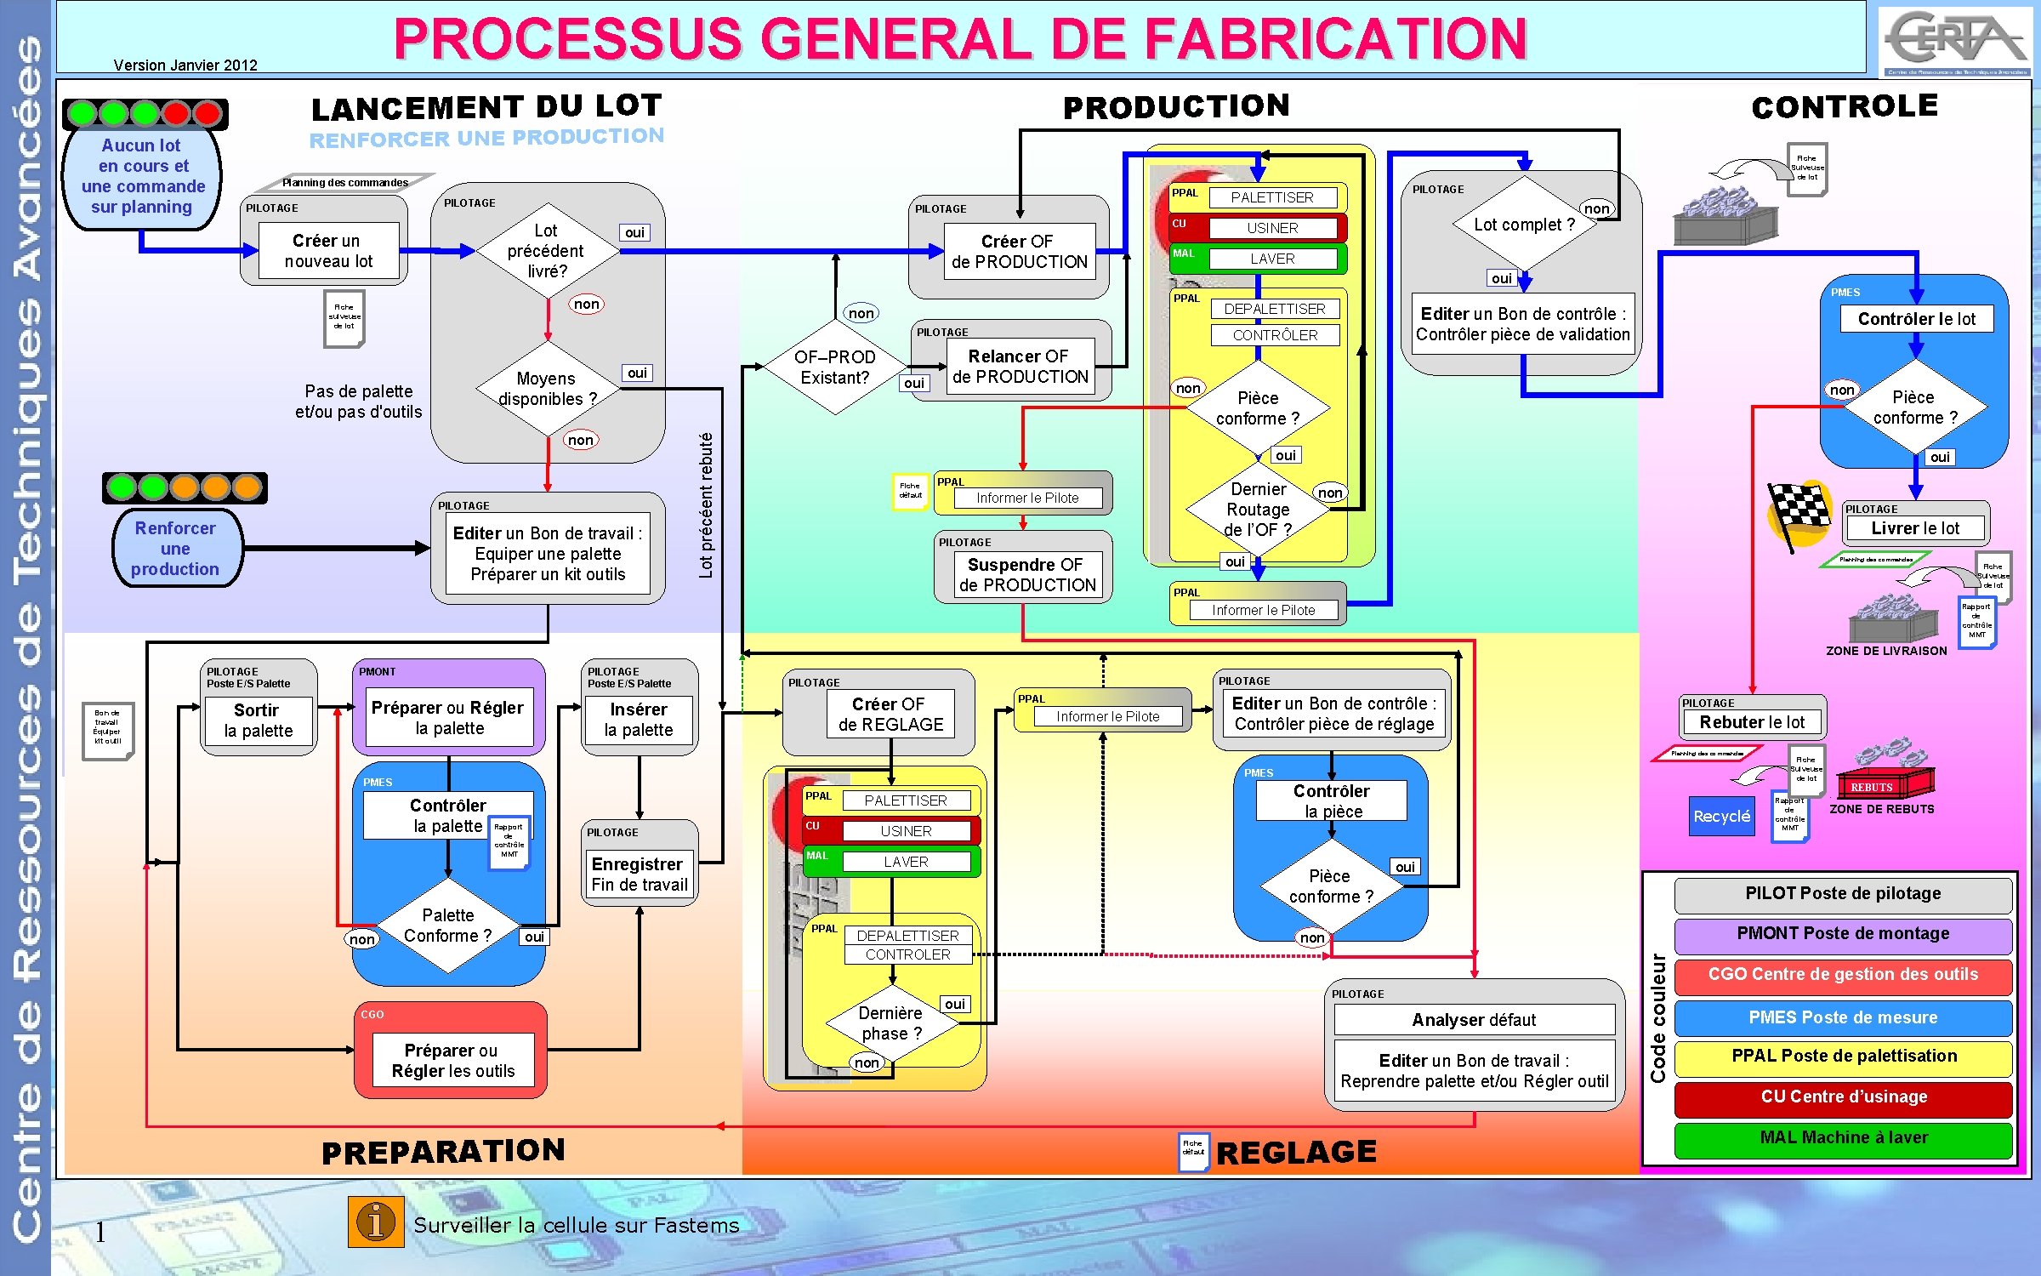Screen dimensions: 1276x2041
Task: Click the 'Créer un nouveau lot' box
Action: pos(327,251)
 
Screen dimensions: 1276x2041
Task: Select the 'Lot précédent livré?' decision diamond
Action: pos(547,251)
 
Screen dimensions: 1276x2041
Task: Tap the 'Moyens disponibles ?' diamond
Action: pos(547,389)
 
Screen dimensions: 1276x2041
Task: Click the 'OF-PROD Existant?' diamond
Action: pos(834,367)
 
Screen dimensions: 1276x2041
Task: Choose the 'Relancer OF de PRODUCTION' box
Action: pos(1020,367)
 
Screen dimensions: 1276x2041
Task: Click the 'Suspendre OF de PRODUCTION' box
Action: pos(1026,575)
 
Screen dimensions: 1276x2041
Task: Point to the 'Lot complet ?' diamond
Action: pos(1523,225)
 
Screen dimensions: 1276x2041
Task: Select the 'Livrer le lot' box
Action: pos(1914,528)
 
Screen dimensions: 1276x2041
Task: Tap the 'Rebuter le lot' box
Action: pos(1752,722)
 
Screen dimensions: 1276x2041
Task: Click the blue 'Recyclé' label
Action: pos(1721,817)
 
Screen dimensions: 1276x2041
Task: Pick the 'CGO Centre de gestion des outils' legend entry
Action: pos(1843,975)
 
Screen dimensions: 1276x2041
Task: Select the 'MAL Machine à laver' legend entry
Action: pos(1843,1138)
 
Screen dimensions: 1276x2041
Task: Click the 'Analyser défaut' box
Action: pos(1474,1020)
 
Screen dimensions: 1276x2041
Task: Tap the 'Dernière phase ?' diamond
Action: pos(890,1023)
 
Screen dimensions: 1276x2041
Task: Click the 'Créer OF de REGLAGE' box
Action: pos(890,715)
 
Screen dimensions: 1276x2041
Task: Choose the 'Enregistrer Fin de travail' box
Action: pos(640,874)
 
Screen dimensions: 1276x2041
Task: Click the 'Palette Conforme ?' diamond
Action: pos(448,926)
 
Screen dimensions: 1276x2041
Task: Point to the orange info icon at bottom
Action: pos(375,1222)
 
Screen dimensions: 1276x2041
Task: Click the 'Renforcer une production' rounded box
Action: pos(176,549)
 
